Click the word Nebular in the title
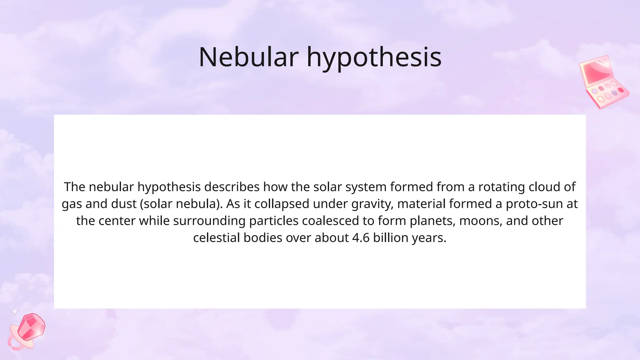[x=248, y=57]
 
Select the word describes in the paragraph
[x=232, y=187]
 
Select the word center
[x=117, y=221]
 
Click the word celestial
[x=217, y=238]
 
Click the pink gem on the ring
[x=31, y=327]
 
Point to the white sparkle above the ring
[x=15, y=311]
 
